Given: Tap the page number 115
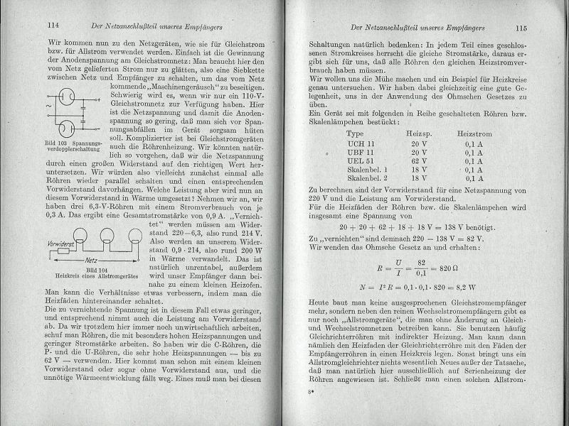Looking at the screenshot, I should [532, 28].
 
